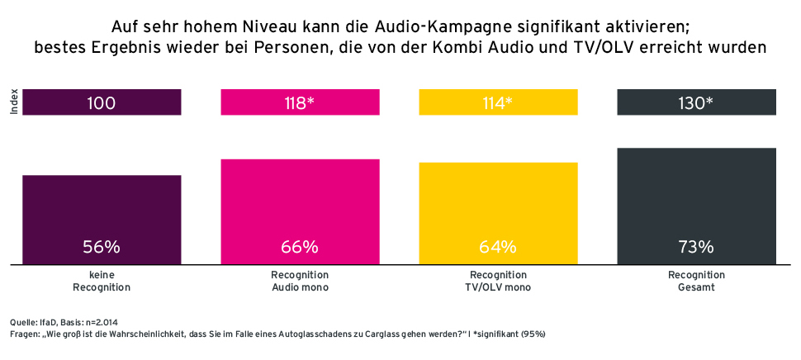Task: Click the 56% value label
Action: coord(102,247)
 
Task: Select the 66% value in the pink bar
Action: coord(300,247)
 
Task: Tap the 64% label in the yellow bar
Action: coord(498,247)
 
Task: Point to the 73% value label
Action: coord(696,247)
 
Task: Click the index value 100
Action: coord(102,103)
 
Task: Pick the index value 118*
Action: coord(300,103)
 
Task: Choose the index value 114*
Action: coord(498,103)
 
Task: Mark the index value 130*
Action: coord(696,103)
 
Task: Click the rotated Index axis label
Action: coord(13,103)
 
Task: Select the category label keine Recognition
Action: coord(102,281)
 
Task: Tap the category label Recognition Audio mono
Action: coord(300,281)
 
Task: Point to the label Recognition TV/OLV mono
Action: coord(498,281)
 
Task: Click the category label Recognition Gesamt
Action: coord(696,281)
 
